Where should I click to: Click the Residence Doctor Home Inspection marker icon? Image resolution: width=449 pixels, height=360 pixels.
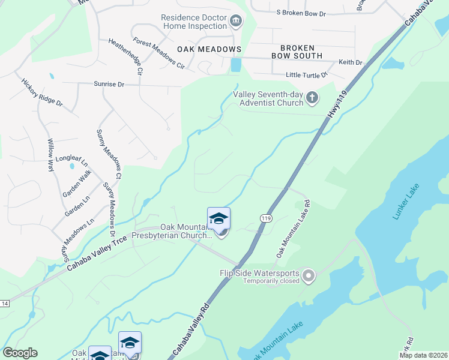pos(236,22)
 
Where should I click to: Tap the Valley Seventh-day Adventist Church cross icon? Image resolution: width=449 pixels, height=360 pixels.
pos(312,97)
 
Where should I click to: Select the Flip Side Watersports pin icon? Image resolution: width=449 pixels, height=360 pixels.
pos(309,276)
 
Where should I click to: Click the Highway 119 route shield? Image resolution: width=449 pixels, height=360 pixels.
pos(265,218)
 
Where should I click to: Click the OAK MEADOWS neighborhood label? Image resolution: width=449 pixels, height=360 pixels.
pos(209,49)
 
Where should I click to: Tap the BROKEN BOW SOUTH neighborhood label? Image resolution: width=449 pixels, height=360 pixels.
pos(301,51)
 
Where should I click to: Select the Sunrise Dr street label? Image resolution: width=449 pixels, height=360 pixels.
pos(108,85)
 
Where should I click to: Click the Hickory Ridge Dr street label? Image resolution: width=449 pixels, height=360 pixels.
pos(42,92)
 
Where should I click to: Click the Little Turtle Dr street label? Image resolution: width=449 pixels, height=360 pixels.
pos(306,75)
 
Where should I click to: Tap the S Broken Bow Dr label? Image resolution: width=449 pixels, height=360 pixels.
pos(300,12)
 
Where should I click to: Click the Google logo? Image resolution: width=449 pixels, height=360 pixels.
pos(20,353)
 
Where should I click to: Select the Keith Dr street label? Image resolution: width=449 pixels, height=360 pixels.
pos(351,62)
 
